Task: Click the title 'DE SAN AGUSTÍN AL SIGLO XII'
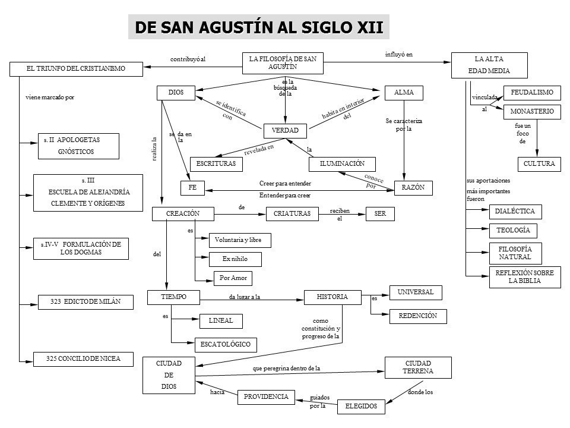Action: pos(259,27)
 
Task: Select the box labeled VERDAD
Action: pos(285,130)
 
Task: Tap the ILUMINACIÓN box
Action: pos(342,163)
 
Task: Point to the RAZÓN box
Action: pos(413,188)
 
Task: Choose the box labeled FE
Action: pos(192,188)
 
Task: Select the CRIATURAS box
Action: pos(292,214)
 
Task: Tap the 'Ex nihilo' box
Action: pos(235,259)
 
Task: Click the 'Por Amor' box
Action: pos(233,278)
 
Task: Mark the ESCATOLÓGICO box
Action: pos(226,344)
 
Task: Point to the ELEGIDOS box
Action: pos(361,407)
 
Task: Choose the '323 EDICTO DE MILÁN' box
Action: pos(85,302)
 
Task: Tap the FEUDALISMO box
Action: pos(532,93)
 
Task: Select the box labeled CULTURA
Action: pos(539,163)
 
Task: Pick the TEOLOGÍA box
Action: pos(513,230)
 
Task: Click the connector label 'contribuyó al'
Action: pos(188,59)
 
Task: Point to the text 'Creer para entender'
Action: pos(285,183)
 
